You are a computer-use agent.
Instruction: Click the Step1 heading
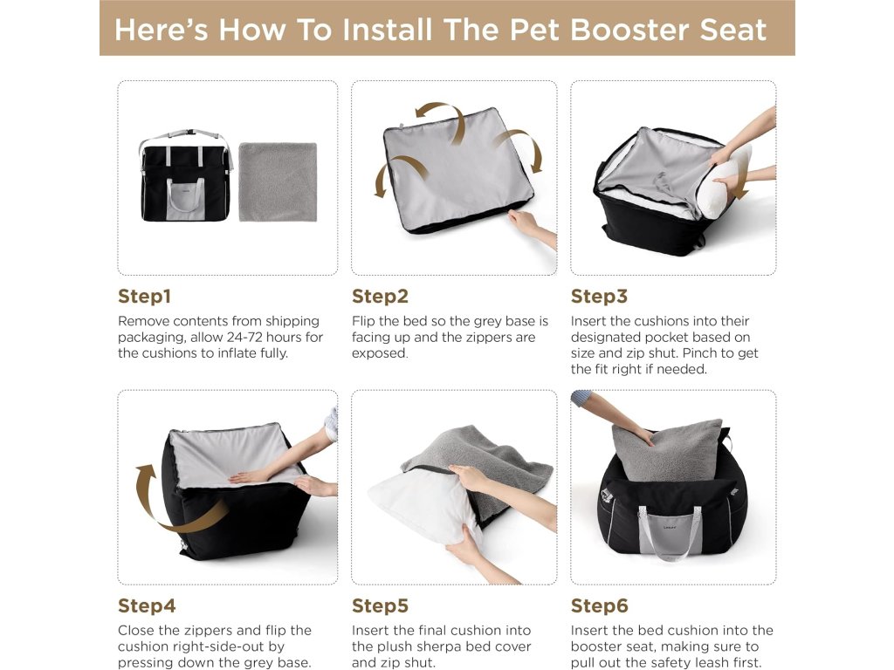coord(144,297)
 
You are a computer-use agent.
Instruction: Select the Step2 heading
coord(380,297)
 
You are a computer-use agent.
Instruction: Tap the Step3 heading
coord(599,297)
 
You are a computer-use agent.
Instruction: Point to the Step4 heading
coord(147,605)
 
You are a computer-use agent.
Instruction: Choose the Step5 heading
coord(380,605)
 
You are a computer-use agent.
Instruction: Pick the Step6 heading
coord(599,605)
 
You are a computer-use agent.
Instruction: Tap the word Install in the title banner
coord(387,30)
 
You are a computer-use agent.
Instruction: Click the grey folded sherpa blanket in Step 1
coord(278,181)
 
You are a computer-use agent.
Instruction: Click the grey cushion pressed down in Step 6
coord(668,451)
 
